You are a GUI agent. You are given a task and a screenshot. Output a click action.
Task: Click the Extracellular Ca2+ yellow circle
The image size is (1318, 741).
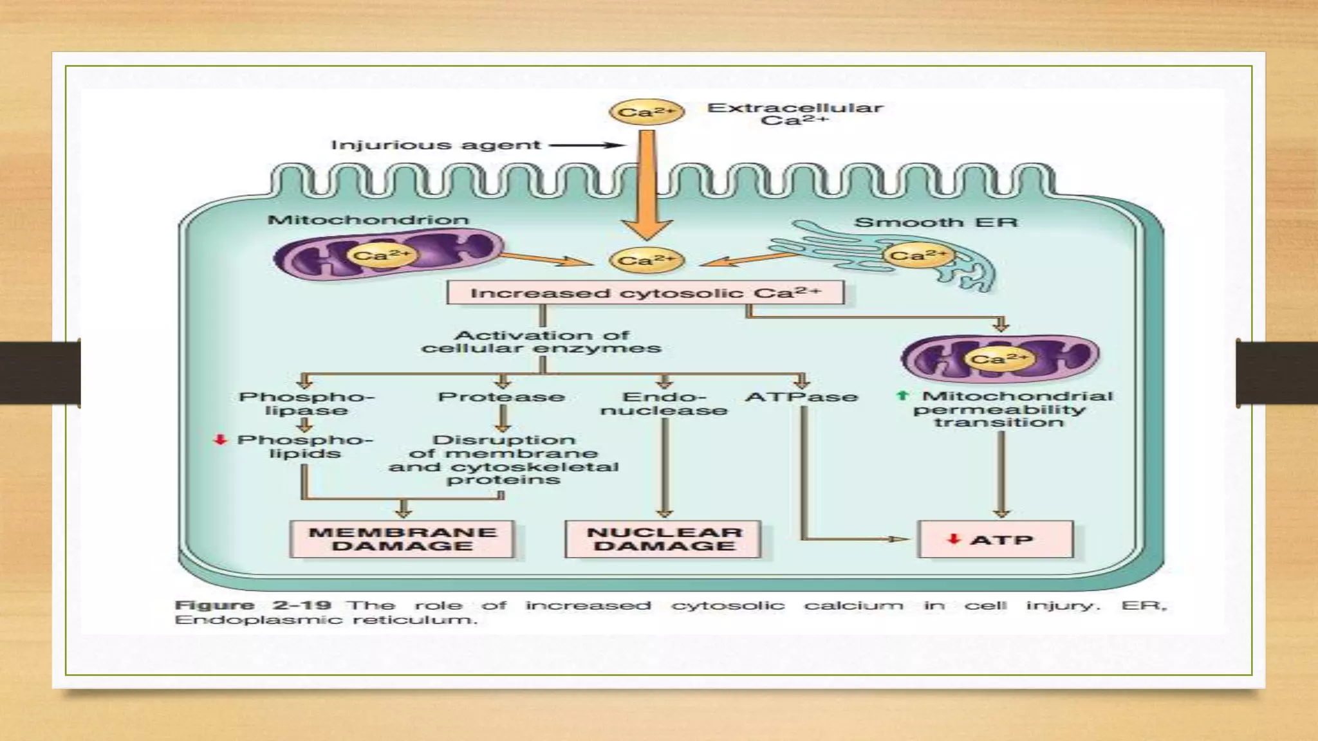point(646,113)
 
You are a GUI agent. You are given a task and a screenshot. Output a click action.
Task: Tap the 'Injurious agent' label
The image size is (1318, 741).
point(436,145)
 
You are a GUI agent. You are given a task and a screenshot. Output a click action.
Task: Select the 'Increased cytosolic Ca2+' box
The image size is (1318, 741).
point(645,293)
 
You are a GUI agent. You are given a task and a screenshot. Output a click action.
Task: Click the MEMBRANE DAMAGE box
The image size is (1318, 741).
point(403,540)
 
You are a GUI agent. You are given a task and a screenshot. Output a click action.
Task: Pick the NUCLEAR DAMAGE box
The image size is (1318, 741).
point(664,540)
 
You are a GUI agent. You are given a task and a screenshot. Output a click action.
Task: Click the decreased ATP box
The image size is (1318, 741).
point(995,540)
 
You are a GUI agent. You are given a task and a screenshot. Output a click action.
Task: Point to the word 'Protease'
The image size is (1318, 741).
point(501,397)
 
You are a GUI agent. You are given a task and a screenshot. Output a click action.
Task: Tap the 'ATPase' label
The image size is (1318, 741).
point(801,397)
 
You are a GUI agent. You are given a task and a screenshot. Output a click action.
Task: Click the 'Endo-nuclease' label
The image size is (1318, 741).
point(664,404)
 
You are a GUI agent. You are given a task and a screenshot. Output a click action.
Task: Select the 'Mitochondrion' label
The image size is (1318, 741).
point(368,220)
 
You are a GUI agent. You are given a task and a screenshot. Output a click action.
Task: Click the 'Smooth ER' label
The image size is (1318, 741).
point(936,223)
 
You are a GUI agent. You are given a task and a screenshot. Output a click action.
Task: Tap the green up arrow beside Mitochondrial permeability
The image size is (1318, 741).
point(902,396)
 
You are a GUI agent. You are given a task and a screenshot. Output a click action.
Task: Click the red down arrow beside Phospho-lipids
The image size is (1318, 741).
point(221,440)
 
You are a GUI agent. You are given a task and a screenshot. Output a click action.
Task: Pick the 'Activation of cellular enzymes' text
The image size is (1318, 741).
point(541,342)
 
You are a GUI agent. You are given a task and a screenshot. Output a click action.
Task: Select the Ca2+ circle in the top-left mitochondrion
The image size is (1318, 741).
point(381,256)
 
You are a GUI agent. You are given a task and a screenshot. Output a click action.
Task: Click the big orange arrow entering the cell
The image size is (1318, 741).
point(647,187)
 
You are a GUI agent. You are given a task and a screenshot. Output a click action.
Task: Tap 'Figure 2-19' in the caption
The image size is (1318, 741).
point(253,605)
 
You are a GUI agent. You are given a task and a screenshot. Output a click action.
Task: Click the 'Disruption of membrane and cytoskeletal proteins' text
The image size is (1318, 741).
point(503,460)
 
